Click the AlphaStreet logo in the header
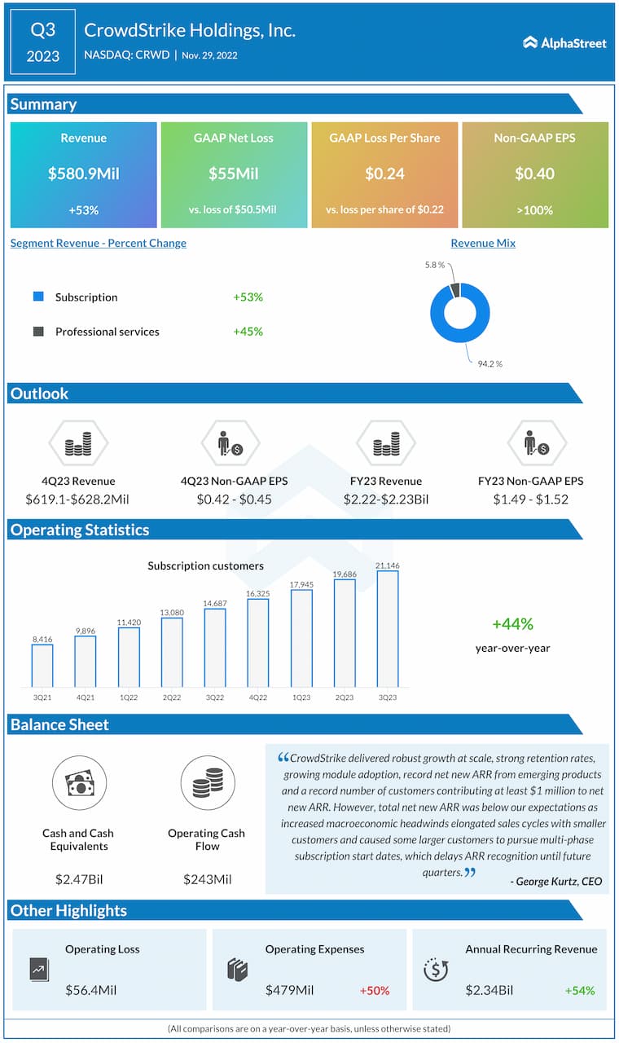564,42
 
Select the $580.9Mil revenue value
84,174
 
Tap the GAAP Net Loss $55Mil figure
234,174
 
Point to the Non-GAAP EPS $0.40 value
534,174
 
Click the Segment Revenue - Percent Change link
99,243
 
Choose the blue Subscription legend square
38,297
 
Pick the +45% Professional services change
248,332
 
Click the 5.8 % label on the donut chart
435,265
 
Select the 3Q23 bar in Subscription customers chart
388,628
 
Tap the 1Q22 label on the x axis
129,698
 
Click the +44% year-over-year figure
512,624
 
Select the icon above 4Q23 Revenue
78,445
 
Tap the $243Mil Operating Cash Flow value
206,879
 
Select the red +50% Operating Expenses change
374,991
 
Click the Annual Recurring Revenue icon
437,969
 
